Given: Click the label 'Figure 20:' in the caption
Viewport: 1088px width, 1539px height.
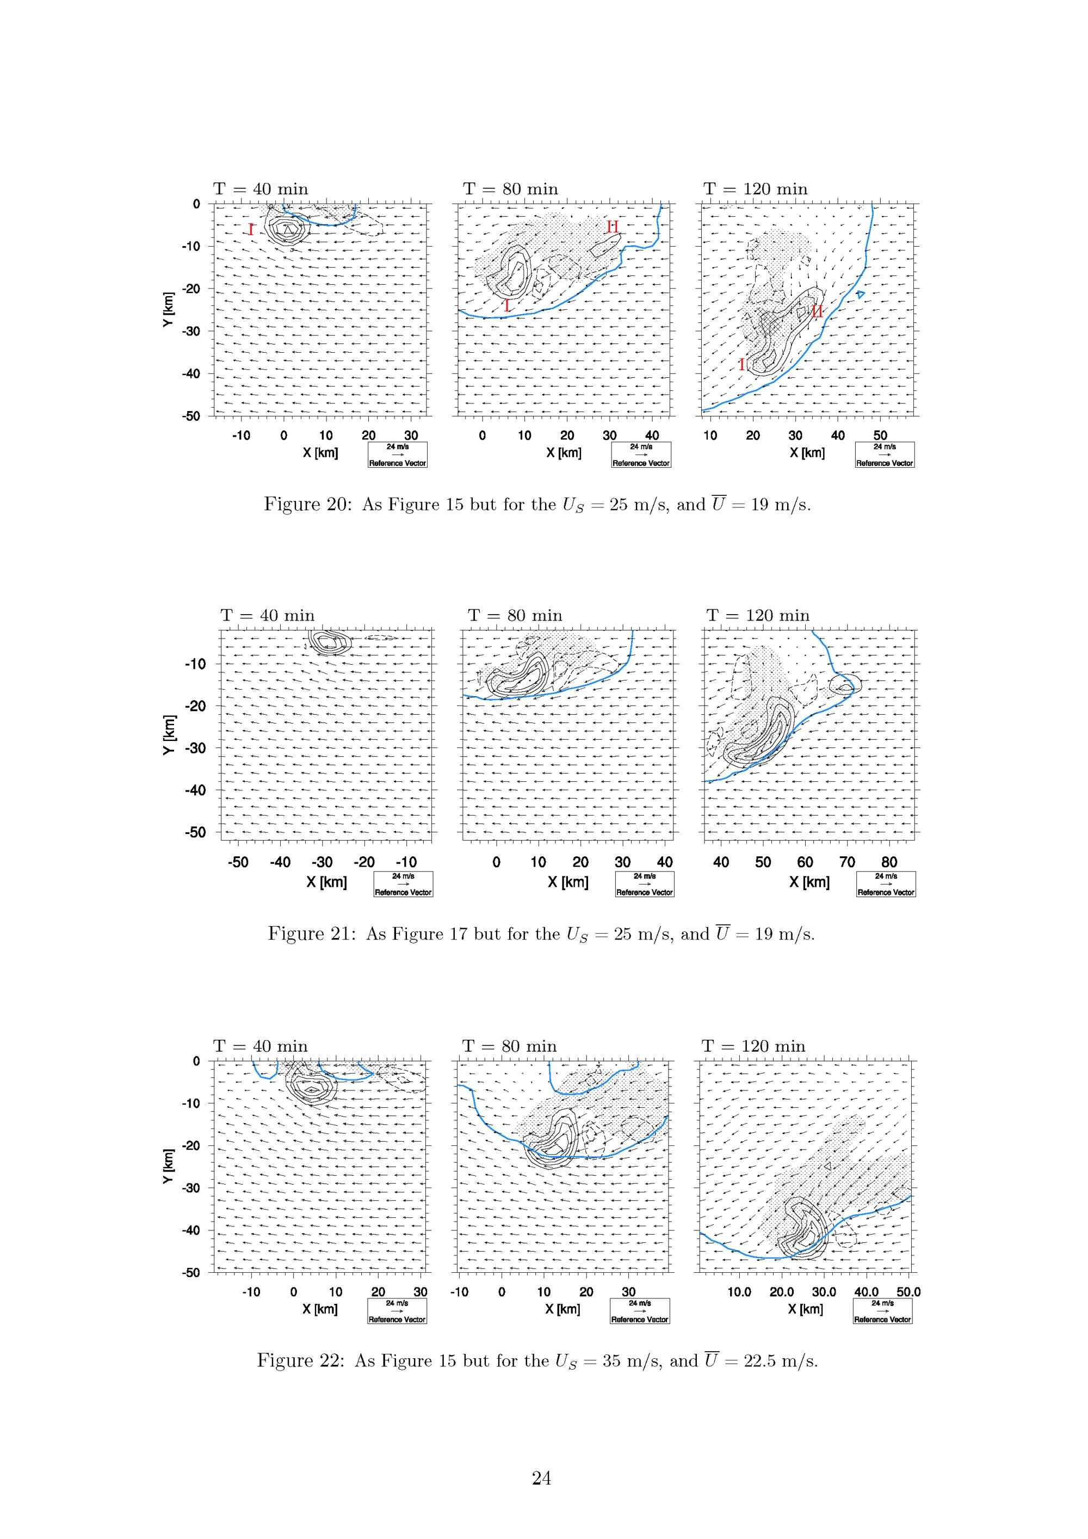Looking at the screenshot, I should (307, 505).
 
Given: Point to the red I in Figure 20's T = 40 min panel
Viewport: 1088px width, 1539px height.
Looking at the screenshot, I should (251, 230).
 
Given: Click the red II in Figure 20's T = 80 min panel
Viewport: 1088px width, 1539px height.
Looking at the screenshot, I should (613, 227).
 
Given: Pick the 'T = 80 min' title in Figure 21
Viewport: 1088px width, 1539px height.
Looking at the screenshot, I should (515, 615).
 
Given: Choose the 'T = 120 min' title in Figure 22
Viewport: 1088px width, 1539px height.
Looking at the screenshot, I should (753, 1046).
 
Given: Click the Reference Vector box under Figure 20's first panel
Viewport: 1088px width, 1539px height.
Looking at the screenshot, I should (397, 455).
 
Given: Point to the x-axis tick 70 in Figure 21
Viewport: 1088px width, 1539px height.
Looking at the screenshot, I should (847, 862).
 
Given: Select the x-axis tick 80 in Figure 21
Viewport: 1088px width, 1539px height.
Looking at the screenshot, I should (889, 862).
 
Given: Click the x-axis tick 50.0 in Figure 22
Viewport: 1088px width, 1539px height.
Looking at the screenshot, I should (908, 1292).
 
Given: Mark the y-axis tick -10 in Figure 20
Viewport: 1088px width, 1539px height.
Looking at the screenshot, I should (191, 247).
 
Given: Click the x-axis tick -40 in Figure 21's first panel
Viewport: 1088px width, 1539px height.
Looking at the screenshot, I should (280, 862).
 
